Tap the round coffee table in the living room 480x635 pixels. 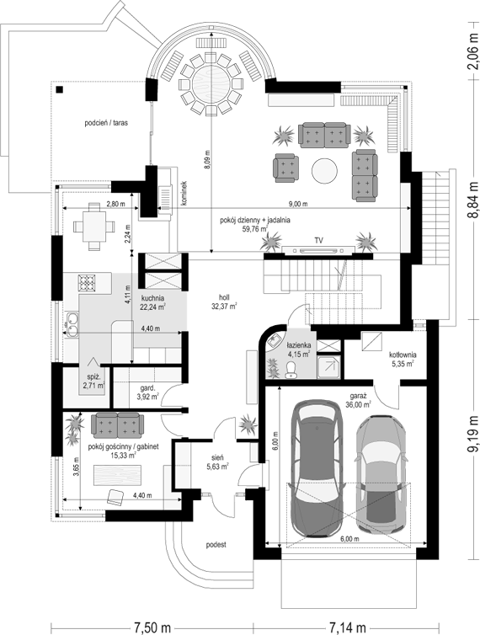(324, 170)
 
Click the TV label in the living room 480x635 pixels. (319, 241)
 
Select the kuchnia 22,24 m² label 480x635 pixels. (152, 303)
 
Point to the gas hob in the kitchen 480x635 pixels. (86, 283)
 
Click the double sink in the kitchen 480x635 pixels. (72, 324)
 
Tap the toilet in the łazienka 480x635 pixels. (291, 370)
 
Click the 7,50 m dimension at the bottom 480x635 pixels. (152, 627)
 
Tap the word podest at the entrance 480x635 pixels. (216, 545)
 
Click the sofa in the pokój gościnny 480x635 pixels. (117, 425)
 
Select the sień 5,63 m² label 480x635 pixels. (217, 462)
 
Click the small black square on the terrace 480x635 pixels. (60, 90)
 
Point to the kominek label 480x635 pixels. (184, 194)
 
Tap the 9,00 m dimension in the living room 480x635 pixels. (299, 204)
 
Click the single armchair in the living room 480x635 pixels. (285, 168)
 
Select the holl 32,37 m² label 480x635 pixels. (224, 301)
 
